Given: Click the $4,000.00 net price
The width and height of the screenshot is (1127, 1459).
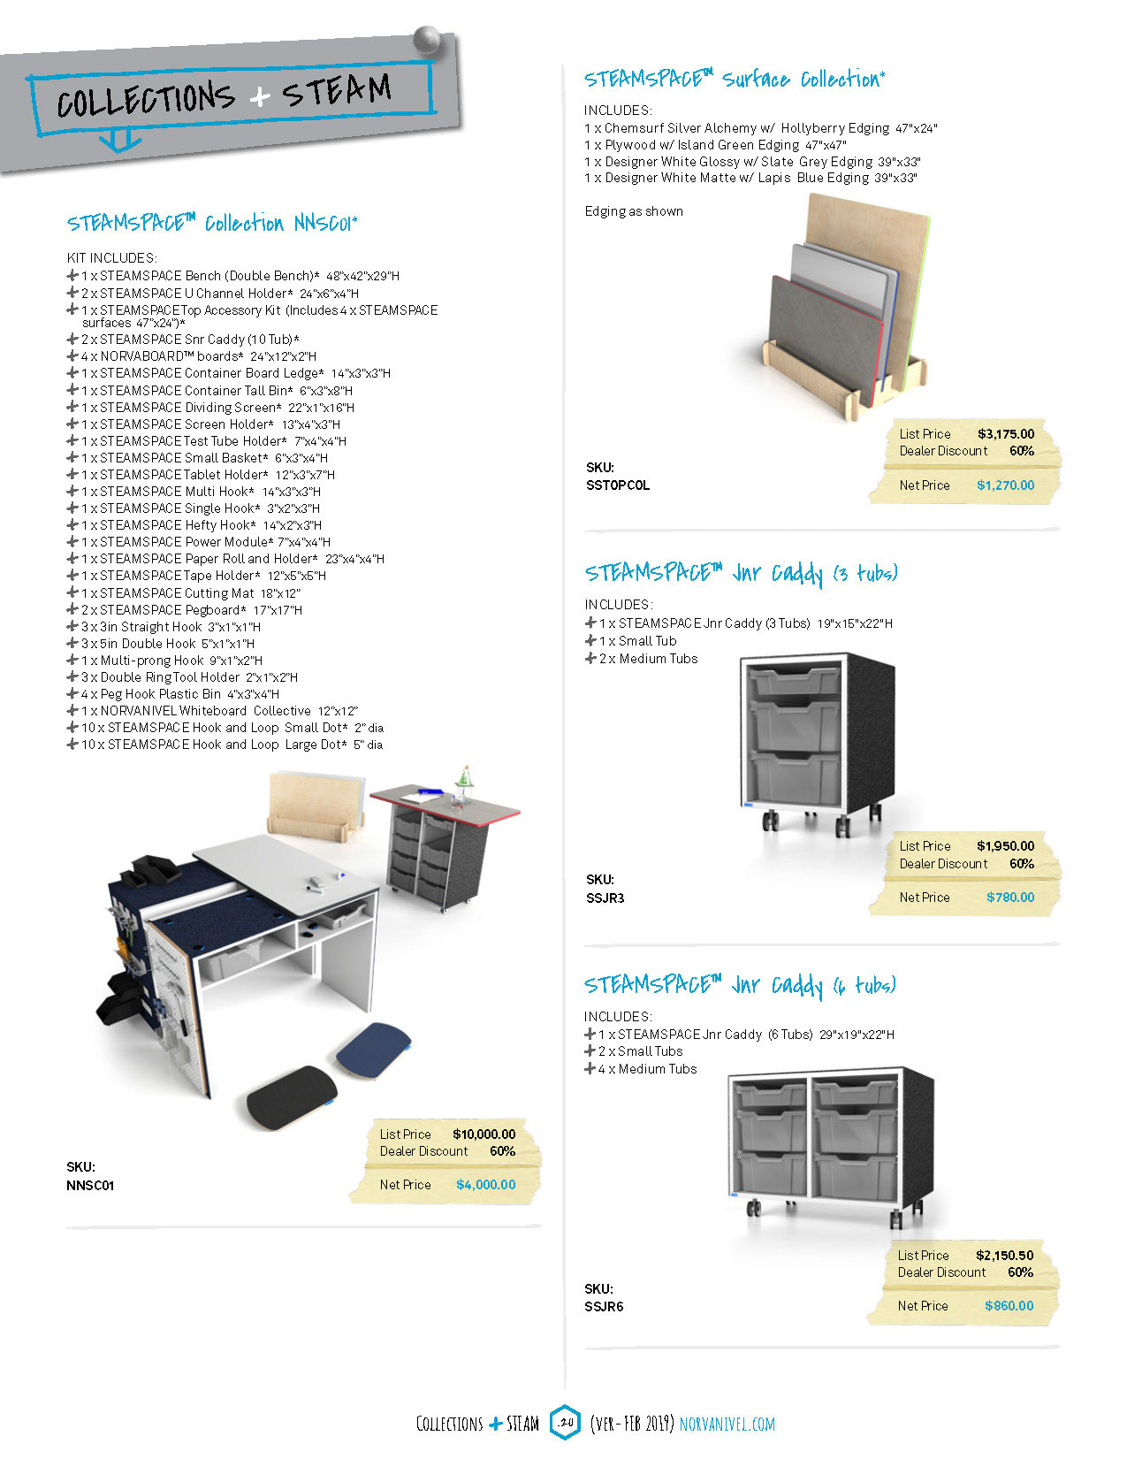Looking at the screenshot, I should pos(485,1185).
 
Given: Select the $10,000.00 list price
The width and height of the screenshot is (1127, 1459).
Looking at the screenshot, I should pos(484,1134).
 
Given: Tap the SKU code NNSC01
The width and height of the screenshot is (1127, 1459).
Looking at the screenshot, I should pos(90,1186).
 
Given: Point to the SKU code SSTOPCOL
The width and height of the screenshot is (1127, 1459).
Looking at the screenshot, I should pos(617,485).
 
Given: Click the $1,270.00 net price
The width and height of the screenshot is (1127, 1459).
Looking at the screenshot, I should pos(1005,485).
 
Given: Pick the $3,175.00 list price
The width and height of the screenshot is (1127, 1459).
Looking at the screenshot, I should pos(1005,434).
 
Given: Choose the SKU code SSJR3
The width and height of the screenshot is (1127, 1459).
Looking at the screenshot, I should pos(605,898).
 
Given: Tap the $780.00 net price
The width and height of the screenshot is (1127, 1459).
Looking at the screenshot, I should pos(1009,898).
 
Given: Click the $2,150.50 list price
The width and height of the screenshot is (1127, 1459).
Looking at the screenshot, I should pos(1004,1256).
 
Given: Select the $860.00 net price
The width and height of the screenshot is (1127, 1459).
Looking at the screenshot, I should pos(1009,1306).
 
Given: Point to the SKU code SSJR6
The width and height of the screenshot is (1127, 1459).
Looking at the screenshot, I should pos(604,1307).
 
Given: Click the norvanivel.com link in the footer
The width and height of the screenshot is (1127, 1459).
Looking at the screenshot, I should pos(727,1425).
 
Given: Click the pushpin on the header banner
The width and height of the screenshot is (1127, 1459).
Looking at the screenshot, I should pos(428,41).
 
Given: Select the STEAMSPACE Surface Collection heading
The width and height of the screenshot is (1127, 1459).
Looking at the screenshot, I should pos(734,80).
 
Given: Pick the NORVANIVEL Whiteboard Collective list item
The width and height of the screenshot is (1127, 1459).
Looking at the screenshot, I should pos(219,711).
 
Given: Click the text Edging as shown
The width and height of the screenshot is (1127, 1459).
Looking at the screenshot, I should pos(634,211).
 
